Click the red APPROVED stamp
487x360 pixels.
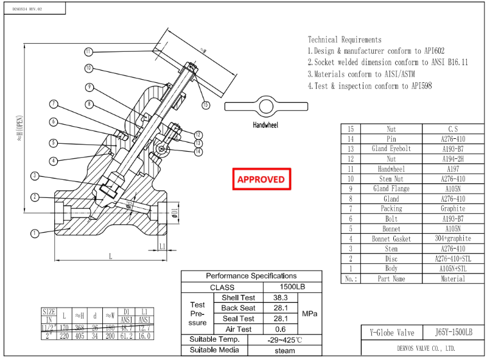pos(261,179)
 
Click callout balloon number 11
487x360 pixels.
pos(88,51)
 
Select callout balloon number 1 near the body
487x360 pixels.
pos(34,232)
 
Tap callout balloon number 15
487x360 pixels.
pos(205,105)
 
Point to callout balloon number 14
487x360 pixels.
pos(198,152)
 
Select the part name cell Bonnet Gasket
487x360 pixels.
pos(391,239)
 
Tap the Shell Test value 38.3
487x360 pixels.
pos(280,298)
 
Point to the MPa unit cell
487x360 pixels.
pos(309,314)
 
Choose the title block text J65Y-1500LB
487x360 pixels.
pos(454,333)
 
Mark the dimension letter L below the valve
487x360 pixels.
pos(110,256)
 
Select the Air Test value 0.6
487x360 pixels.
pos(280,329)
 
